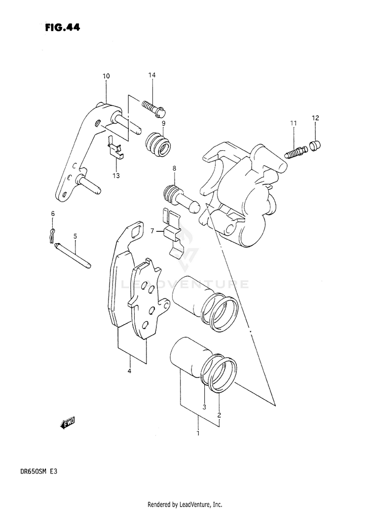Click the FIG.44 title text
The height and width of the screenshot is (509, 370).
coord(62,28)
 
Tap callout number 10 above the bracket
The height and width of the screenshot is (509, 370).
coord(107,76)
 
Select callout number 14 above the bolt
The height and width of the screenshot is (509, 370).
coord(152,75)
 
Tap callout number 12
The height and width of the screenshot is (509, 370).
coord(315,118)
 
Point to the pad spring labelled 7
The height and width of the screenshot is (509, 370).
coord(173,232)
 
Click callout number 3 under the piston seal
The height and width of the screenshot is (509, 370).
coord(204,407)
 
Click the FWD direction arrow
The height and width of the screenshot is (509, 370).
coord(67,423)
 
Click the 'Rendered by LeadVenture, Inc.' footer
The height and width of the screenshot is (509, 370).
coord(185,504)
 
